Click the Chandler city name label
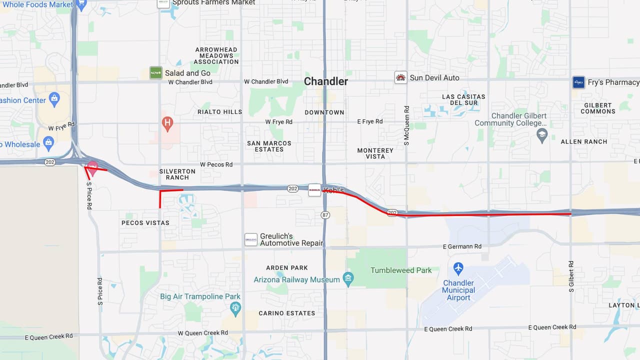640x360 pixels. pyautogui.click(x=326, y=81)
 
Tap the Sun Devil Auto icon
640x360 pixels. pyautogui.click(x=400, y=77)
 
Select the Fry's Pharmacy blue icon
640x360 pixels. pyautogui.click(x=578, y=82)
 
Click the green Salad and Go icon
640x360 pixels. pyautogui.click(x=156, y=73)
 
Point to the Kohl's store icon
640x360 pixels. pyautogui.click(x=314, y=190)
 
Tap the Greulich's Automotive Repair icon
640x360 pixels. pyautogui.click(x=251, y=240)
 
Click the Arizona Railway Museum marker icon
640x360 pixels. pyautogui.click(x=348, y=279)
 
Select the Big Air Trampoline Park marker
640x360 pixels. pyautogui.click(x=235, y=306)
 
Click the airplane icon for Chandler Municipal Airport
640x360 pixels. pyautogui.click(x=458, y=269)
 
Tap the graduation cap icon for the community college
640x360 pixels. pyautogui.click(x=542, y=135)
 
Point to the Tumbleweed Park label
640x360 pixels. pyautogui.click(x=401, y=270)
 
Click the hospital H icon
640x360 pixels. pyautogui.click(x=168, y=122)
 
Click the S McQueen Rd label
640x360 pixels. pyautogui.click(x=406, y=125)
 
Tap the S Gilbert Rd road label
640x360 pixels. pyautogui.click(x=571, y=276)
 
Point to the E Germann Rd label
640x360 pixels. pyautogui.click(x=462, y=246)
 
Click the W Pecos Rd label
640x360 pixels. pyautogui.click(x=216, y=164)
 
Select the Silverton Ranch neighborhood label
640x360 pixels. pyautogui.click(x=177, y=174)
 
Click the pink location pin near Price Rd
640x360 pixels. pyautogui.click(x=92, y=168)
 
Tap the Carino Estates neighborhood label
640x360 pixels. pyautogui.click(x=286, y=313)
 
